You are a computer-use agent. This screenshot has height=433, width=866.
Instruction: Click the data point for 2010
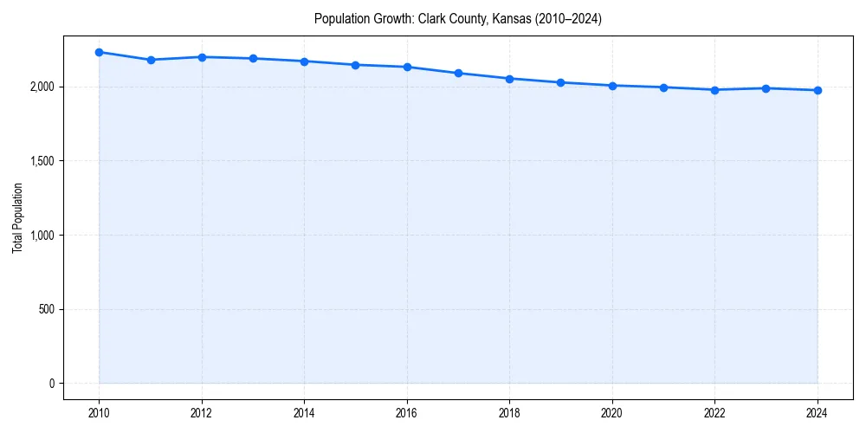(x=99, y=52)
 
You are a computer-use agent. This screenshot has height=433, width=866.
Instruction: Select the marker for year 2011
(x=151, y=60)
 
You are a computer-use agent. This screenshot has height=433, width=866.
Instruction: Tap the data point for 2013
(x=253, y=59)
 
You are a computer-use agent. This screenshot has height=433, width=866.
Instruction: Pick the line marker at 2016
(x=407, y=67)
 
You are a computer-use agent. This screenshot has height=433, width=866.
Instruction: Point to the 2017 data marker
(x=458, y=73)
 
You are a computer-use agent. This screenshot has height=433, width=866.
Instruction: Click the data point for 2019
(x=561, y=82)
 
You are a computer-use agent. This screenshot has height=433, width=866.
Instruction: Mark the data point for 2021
(x=663, y=87)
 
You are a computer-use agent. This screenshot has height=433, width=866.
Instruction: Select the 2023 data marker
(x=766, y=88)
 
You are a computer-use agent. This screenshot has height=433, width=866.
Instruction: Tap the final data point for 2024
(x=818, y=90)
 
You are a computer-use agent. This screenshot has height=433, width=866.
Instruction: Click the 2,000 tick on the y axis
(x=42, y=87)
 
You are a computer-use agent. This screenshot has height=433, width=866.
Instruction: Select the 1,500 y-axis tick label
(x=42, y=161)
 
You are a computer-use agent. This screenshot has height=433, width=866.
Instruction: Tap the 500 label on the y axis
(x=48, y=309)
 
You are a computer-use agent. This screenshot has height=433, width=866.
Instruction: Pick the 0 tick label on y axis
(x=52, y=384)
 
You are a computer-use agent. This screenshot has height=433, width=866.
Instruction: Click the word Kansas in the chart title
(x=510, y=19)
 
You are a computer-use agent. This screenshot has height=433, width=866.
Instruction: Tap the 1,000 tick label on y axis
(x=42, y=236)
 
